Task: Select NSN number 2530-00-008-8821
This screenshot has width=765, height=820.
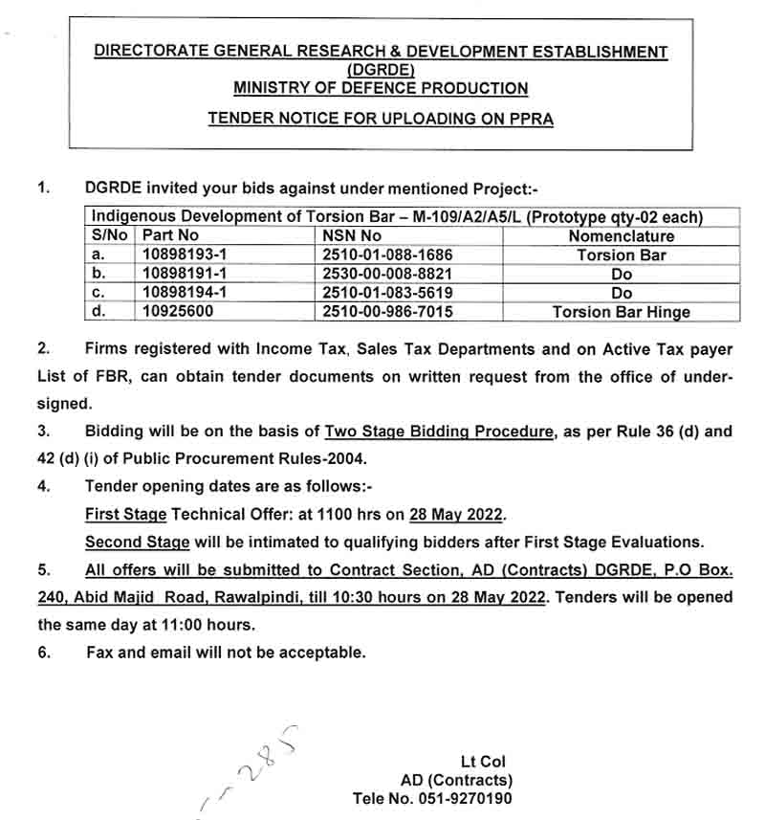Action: coord(387,275)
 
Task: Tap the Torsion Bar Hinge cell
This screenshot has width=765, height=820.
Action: coord(621,312)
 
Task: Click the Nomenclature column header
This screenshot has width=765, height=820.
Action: coord(621,236)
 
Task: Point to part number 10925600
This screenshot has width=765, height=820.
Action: coord(177,312)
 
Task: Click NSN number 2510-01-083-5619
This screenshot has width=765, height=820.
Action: coord(387,293)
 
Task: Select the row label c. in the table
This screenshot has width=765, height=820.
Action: coord(98,293)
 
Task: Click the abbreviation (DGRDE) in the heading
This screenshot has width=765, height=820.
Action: coord(381,70)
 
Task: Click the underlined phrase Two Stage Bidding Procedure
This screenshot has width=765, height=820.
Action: coord(439,432)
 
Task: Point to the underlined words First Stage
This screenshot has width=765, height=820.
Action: coord(125,515)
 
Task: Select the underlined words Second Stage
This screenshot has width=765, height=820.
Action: coord(138,543)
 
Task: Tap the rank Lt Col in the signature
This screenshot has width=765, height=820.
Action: coord(483,762)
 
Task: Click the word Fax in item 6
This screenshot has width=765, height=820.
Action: coord(102,653)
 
